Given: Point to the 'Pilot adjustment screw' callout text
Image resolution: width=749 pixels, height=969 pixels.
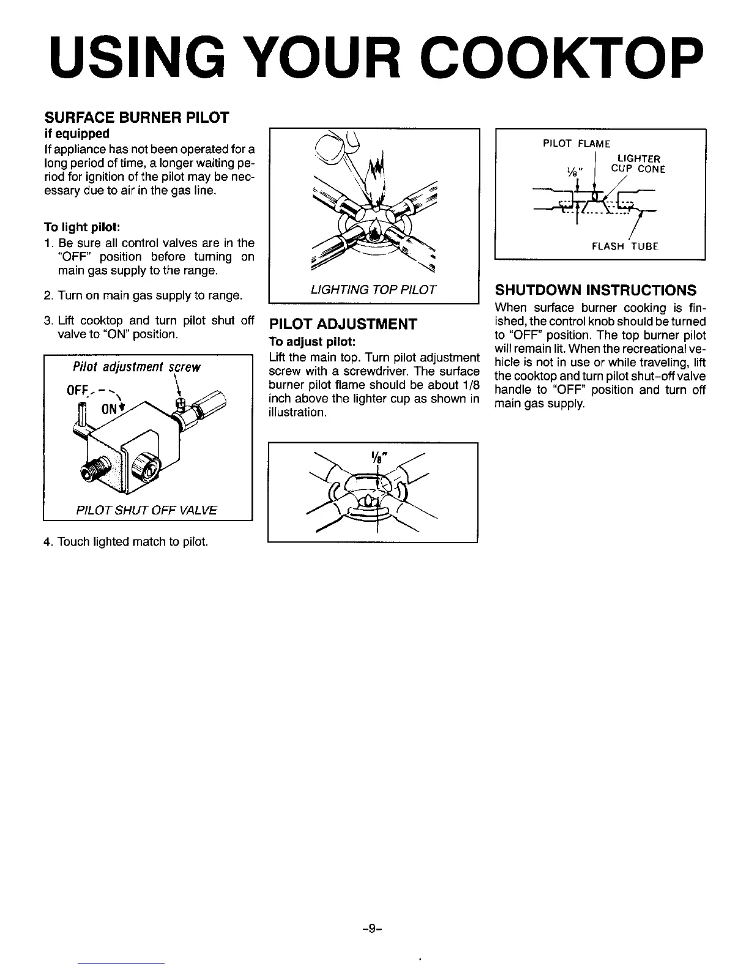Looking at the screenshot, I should click(x=136, y=367).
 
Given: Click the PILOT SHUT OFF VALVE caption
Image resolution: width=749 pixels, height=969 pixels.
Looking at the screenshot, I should click(x=147, y=510).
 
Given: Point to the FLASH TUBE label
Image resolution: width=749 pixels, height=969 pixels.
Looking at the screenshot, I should click(x=624, y=247).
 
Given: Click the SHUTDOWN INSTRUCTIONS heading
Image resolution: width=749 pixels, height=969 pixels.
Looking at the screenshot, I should click(x=595, y=289).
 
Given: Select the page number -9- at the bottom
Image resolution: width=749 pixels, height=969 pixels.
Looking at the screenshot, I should click(x=372, y=929).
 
